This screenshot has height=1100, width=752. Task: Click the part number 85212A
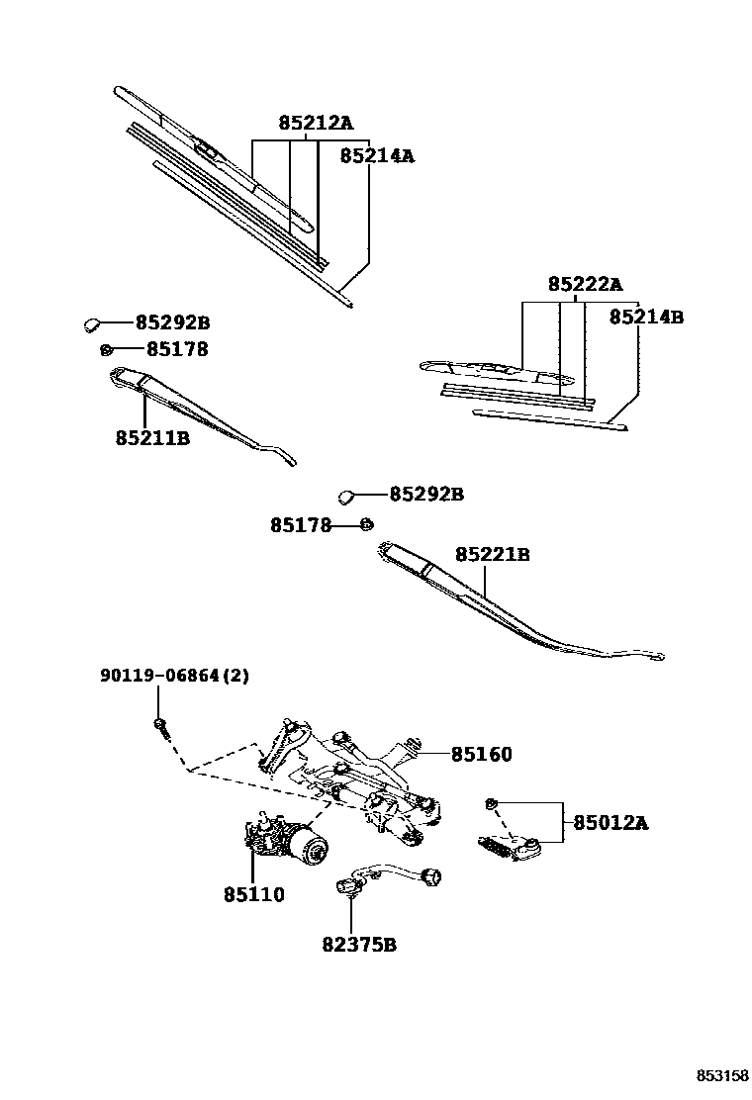point(315,124)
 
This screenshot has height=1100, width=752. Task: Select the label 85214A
point(377,155)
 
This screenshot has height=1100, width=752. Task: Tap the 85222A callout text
point(585,285)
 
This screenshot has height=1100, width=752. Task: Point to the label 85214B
point(646,318)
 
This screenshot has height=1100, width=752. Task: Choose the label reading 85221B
point(492,555)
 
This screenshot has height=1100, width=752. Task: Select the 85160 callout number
point(482,755)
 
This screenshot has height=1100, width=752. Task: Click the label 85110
point(253,894)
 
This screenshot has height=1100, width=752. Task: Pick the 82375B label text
point(358,945)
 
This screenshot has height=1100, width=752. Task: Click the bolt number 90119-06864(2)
point(174,677)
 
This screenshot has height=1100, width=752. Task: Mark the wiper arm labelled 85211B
point(198,411)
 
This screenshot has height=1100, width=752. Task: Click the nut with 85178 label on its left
point(365,524)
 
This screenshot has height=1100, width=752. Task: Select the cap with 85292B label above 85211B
point(91,322)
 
